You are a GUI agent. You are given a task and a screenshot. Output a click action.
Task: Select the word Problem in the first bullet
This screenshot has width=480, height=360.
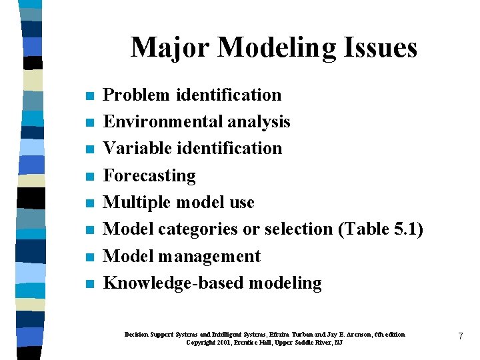(137, 95)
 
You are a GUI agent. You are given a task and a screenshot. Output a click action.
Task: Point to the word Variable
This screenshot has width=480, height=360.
(136, 148)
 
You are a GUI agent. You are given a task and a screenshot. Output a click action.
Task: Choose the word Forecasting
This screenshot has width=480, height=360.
(149, 175)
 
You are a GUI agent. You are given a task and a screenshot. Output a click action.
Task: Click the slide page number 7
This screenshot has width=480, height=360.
(460, 337)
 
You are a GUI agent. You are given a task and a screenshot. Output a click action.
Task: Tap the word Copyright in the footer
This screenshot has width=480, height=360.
(201, 342)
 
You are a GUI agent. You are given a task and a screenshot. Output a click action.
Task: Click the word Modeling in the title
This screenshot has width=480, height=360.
(278, 47)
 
